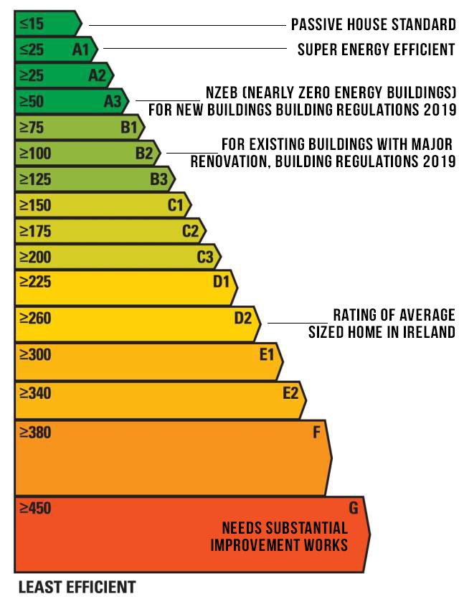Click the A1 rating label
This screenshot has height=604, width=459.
[x=80, y=49]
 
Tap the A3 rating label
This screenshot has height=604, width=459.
[x=113, y=101]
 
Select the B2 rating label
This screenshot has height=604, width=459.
[x=144, y=153]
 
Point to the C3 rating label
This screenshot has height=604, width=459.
[x=205, y=256]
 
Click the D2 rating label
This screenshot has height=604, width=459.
[x=243, y=317]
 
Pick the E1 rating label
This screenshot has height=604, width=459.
[x=267, y=354]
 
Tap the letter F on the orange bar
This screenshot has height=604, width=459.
[x=316, y=433]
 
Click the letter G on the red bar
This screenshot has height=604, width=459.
[x=353, y=509]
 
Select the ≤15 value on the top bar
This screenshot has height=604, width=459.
[x=32, y=24]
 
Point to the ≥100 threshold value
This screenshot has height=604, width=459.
[x=35, y=153]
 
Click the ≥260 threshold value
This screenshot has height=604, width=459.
[x=35, y=317]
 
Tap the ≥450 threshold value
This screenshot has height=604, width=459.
[x=35, y=509]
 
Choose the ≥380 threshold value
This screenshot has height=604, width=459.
[x=35, y=433]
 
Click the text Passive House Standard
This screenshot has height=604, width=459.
[x=373, y=25]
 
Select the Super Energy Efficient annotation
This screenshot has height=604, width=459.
[x=377, y=49]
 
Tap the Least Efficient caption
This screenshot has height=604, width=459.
[x=77, y=588]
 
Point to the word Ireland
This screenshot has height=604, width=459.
[x=431, y=332]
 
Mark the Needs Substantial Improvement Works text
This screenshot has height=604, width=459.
[x=280, y=537]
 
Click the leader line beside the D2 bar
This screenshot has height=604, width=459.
[x=297, y=323]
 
